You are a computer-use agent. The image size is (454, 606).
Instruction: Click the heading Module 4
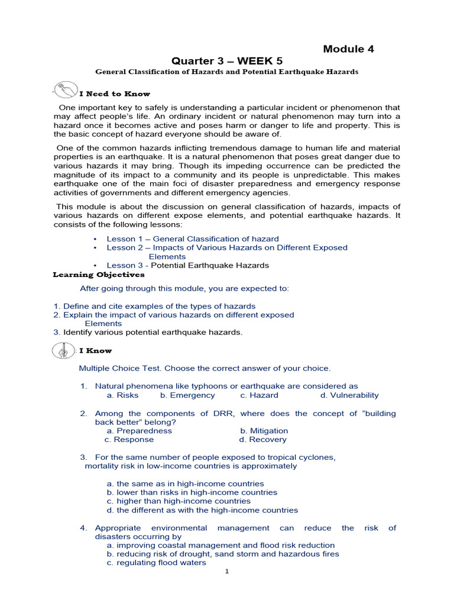pos(348,49)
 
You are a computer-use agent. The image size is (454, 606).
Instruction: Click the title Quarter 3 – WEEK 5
pos(227,61)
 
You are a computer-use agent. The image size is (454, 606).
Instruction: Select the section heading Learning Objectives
pos(98,275)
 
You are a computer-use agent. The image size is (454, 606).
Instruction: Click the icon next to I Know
pos(63,350)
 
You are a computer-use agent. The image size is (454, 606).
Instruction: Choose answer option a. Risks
pos(122,395)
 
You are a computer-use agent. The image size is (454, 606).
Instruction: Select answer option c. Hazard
pos(259,395)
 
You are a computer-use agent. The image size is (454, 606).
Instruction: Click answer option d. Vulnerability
pos(349,395)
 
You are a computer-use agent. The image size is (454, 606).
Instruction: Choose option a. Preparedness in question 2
pos(140,431)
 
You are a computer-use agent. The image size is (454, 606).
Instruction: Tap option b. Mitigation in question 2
pos(264,431)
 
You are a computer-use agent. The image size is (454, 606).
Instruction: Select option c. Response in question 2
pos(129,440)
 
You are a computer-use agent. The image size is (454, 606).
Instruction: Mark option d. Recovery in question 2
pos(262,440)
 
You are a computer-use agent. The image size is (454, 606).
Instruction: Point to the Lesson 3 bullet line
pos(187,266)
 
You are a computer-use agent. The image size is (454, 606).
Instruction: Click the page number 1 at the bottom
pos(227,572)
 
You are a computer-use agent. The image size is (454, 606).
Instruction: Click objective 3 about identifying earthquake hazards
pos(148,333)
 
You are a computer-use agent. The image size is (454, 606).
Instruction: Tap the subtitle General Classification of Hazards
pos(227,72)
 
